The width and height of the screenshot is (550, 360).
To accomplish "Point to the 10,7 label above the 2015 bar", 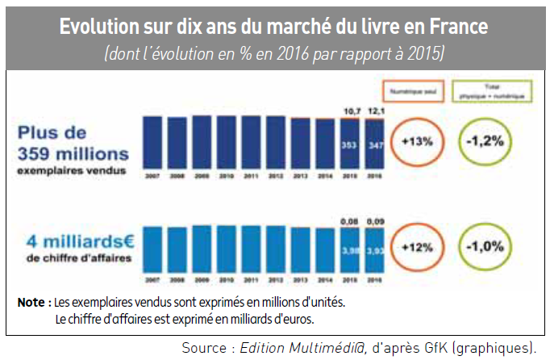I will point(350,109).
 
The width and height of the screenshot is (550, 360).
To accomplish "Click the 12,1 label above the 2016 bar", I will point(374,109).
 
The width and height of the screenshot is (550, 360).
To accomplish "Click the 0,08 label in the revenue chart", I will point(350,218).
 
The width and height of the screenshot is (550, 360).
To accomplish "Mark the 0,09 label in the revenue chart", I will point(374,218).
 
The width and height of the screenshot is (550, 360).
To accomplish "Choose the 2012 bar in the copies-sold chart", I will point(277,143).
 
